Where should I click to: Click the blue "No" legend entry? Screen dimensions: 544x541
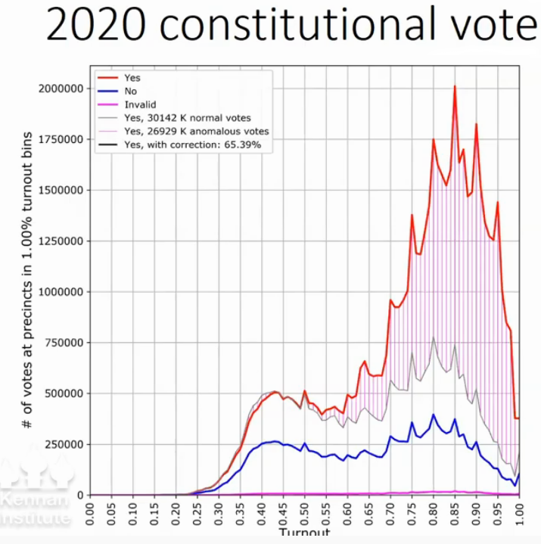(x=130, y=90)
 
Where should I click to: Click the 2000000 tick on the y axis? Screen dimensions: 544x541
(x=60, y=89)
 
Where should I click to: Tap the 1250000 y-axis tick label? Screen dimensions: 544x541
(x=60, y=241)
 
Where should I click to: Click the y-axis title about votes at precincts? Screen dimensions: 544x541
(x=27, y=280)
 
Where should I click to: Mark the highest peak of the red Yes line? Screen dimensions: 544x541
(x=455, y=86)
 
